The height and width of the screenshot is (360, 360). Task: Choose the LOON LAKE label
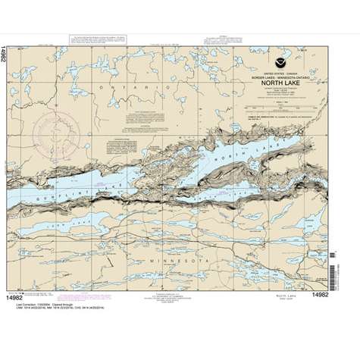point(72,226)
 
